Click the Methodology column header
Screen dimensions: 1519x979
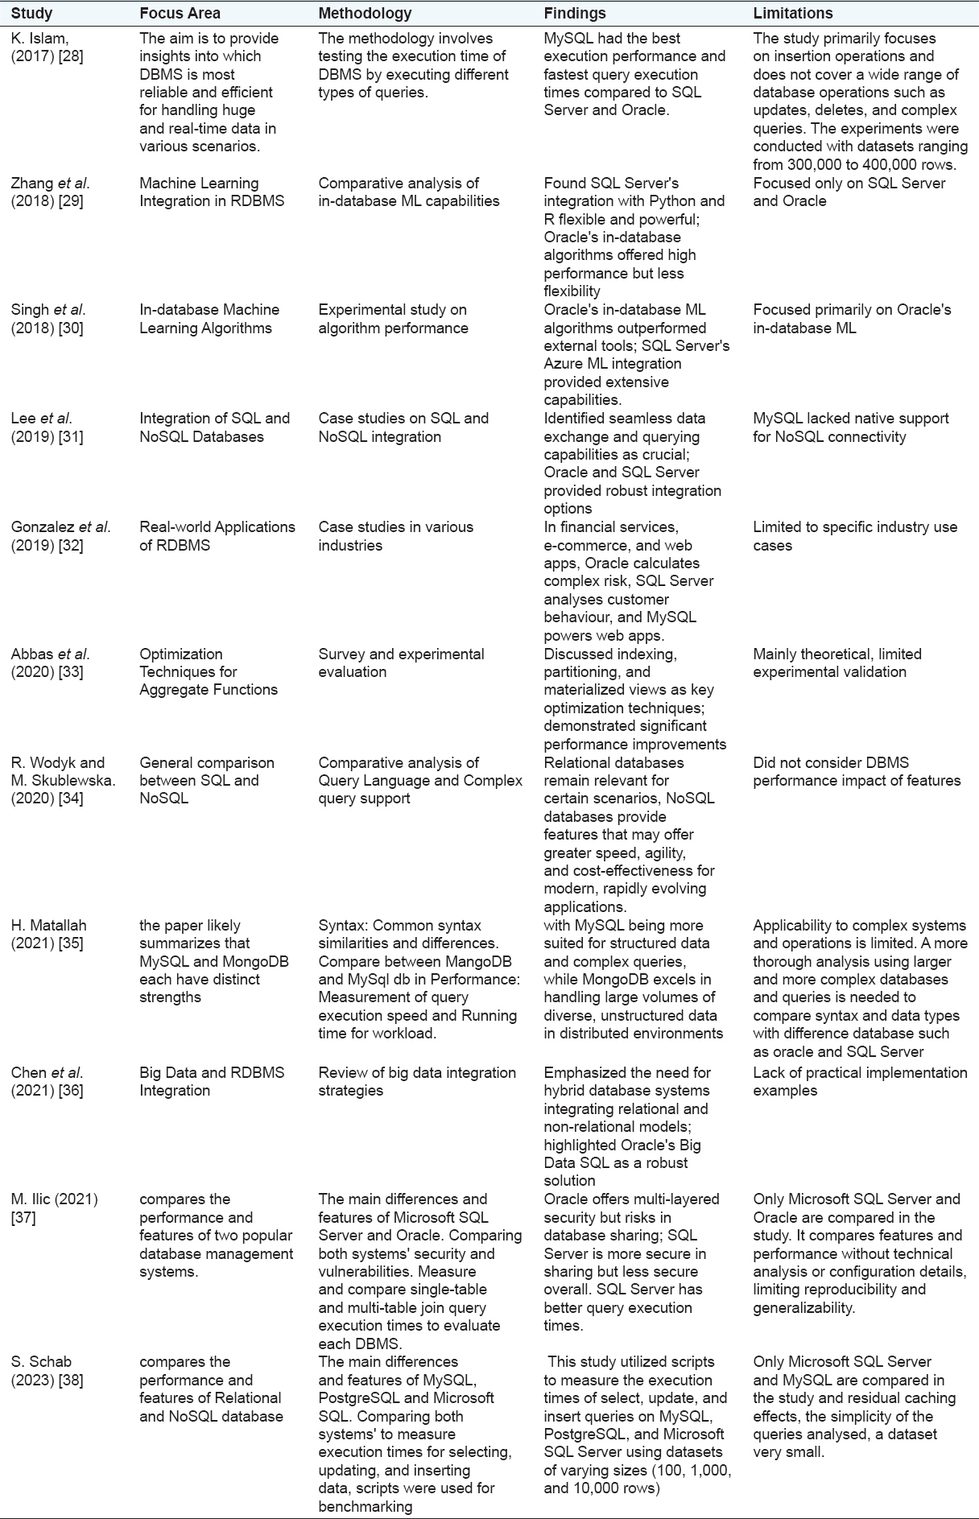(x=365, y=13)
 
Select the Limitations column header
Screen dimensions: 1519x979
(x=793, y=13)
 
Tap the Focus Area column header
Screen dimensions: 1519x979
(x=180, y=13)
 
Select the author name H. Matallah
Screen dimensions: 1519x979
(x=48, y=926)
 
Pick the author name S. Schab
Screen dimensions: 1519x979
(x=41, y=1361)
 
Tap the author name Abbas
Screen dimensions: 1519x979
(x=32, y=654)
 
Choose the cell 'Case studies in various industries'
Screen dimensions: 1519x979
(x=395, y=536)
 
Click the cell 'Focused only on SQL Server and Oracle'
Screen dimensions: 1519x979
(x=849, y=192)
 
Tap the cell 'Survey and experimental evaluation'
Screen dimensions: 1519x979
(x=401, y=662)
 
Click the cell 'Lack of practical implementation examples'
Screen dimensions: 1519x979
(x=860, y=1081)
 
